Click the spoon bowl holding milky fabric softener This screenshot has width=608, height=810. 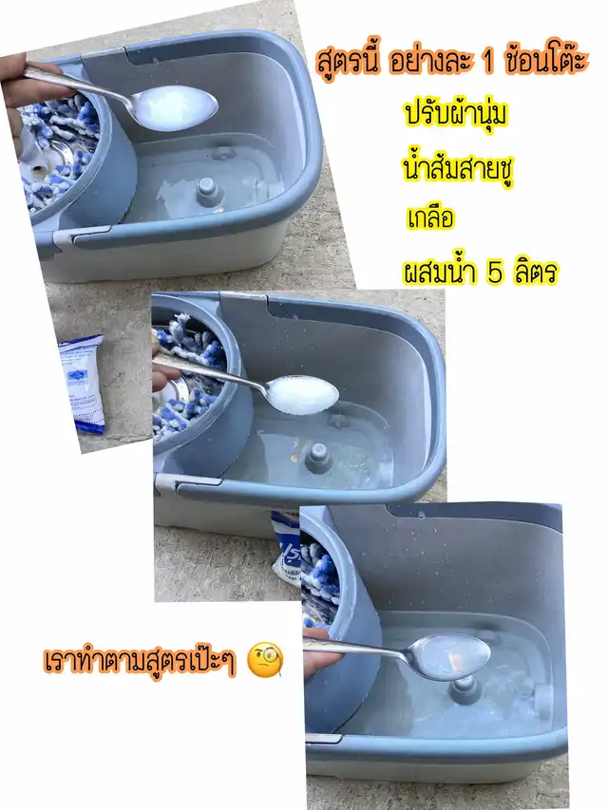pyautogui.click(x=176, y=107)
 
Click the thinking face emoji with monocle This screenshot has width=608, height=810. pyautogui.click(x=266, y=660)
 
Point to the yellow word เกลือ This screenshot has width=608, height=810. pyautogui.click(x=430, y=217)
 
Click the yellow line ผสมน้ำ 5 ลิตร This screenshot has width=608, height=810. pyautogui.click(x=481, y=272)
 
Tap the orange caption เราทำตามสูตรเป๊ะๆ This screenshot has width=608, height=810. pyautogui.click(x=140, y=660)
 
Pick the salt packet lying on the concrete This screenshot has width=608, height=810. pyautogui.click(x=83, y=383)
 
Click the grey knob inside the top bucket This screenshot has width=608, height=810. pyautogui.click(x=207, y=191)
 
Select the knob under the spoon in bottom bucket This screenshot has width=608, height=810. pyautogui.click(x=465, y=689)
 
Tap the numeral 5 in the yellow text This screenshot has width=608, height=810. pyautogui.click(x=494, y=273)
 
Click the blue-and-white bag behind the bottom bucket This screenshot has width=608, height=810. pyautogui.click(x=286, y=547)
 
